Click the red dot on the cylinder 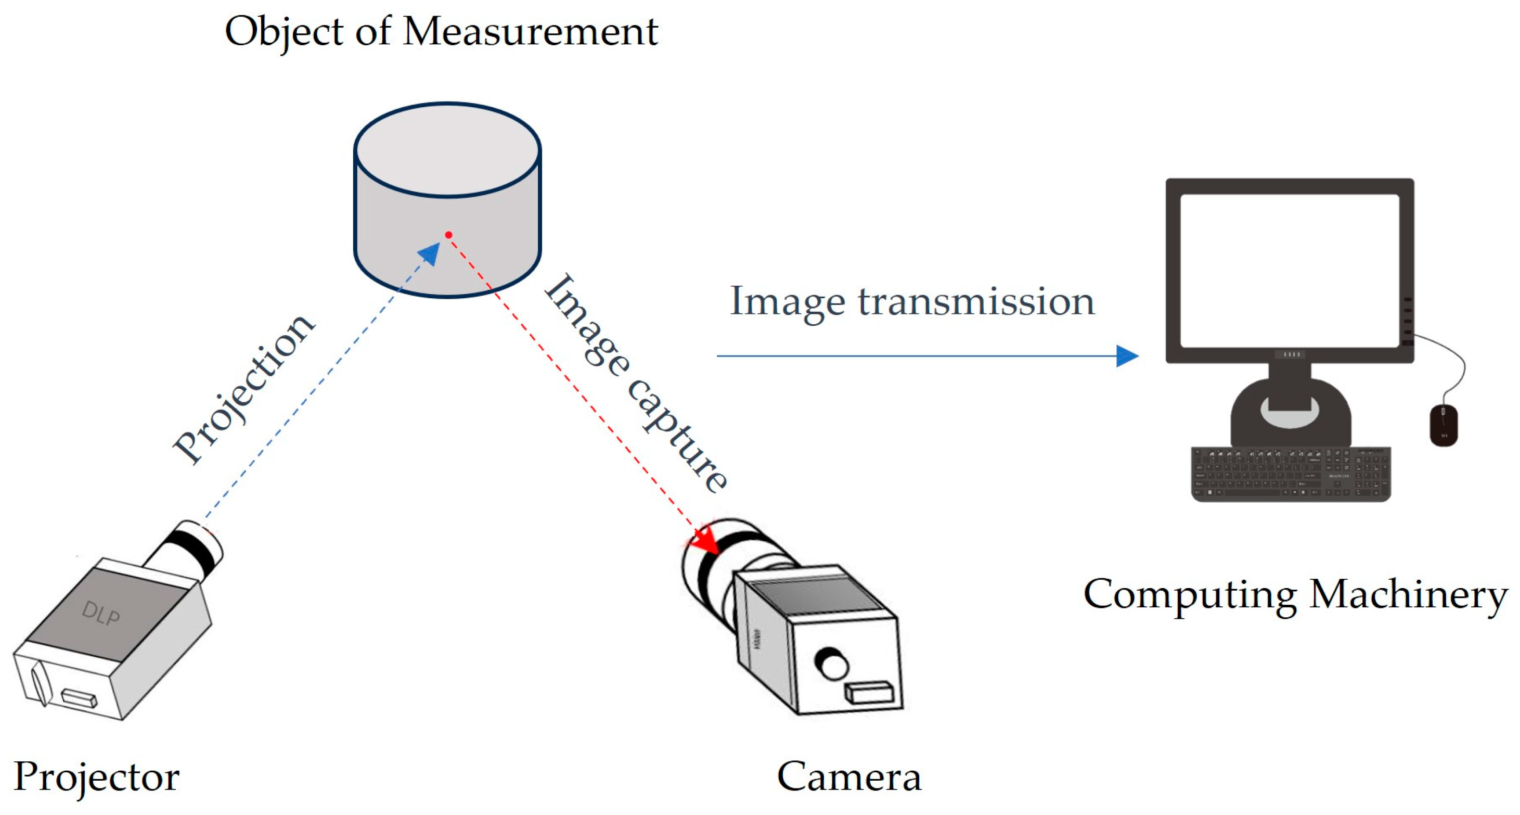[x=448, y=235]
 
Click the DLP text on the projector [x=100, y=614]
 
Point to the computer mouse [x=1444, y=425]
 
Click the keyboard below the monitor [x=1291, y=475]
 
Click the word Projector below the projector [x=96, y=776]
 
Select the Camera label [x=848, y=776]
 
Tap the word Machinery [x=1408, y=594]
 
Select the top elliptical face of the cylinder [x=447, y=149]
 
